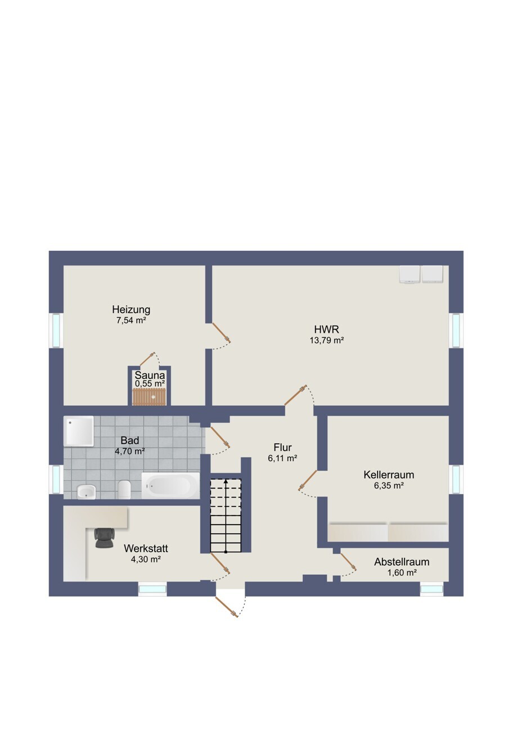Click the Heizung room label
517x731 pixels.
[131, 309]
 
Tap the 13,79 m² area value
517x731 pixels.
[327, 340]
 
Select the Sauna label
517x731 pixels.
[150, 375]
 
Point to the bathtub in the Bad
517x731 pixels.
[170, 486]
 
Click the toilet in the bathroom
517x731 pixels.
[125, 490]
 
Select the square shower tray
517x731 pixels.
[79, 431]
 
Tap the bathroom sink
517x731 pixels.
[87, 491]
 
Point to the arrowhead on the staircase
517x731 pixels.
[226, 481]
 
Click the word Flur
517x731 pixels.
[282, 447]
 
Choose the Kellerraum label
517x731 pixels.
[389, 475]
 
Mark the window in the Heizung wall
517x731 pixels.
[56, 330]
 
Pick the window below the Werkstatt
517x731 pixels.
[152, 589]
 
